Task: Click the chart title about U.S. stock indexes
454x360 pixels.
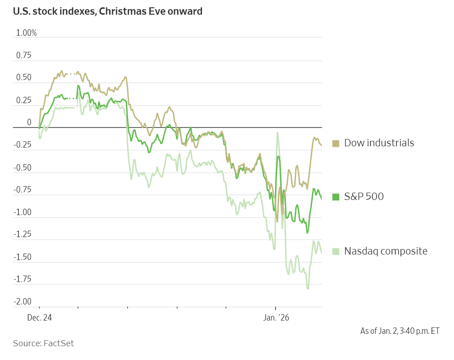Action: coord(108,11)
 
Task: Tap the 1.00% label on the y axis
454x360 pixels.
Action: coord(26,33)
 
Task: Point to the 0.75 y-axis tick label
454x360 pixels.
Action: coord(24,55)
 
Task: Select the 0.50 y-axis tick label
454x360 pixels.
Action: coord(24,78)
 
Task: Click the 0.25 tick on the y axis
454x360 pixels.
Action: coord(24,100)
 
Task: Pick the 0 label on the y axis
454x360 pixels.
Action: coord(29,122)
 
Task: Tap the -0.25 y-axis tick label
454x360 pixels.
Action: coord(22,145)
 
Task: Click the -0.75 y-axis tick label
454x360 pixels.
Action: coord(22,190)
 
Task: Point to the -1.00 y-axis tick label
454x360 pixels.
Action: coord(22,212)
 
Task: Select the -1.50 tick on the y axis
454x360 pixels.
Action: coord(22,257)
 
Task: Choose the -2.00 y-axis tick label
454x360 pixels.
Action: coord(22,302)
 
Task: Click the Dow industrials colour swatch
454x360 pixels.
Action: coord(336,144)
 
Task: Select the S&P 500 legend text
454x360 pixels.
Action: coord(364,197)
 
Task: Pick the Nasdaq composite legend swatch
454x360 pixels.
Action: coord(336,251)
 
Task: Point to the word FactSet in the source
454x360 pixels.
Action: coord(58,343)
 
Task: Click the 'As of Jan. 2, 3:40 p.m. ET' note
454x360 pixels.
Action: coord(399,331)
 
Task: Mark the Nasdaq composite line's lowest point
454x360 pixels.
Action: coord(308,288)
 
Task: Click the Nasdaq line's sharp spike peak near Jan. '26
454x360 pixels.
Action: coord(277,133)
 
